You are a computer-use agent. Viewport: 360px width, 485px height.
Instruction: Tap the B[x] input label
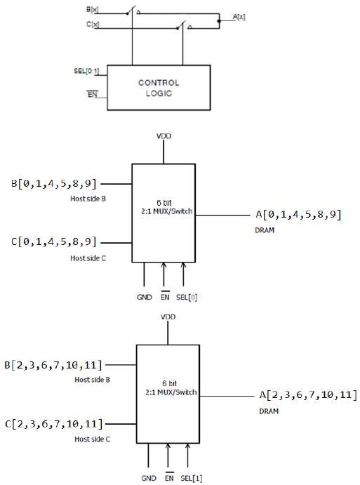tap(92, 10)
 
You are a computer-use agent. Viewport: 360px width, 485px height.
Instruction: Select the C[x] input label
tap(93, 24)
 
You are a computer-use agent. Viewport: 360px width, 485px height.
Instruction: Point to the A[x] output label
tap(239, 17)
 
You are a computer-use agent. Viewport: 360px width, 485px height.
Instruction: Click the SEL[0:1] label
tap(86, 71)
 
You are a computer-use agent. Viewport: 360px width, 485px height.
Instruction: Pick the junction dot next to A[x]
tap(219, 21)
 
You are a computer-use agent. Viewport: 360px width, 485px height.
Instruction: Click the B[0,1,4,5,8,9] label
tap(54, 184)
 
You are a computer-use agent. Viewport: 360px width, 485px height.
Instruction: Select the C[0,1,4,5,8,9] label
tap(54, 241)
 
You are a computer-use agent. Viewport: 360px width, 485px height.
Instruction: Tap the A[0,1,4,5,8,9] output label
tap(298, 214)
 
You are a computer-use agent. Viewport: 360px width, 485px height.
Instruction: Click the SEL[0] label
tap(187, 298)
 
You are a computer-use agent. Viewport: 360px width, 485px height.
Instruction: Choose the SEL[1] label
tap(191, 478)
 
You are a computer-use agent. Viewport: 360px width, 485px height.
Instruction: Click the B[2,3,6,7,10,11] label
tap(53, 365)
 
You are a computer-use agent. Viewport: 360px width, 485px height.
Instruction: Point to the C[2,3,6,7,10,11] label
tap(53, 424)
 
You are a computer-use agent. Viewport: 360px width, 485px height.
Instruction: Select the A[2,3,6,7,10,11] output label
tap(308, 395)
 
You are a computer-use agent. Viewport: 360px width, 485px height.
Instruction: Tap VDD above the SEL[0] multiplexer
tap(164, 136)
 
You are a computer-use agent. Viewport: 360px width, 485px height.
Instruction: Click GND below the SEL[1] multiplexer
tap(149, 478)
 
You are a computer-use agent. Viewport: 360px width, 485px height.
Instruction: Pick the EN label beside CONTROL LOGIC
tap(93, 94)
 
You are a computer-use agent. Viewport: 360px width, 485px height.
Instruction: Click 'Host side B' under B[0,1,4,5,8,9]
tap(88, 199)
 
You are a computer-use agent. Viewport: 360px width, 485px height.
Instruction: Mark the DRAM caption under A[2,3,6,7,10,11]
tap(269, 411)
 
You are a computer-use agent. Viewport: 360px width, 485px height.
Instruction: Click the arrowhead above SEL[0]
tap(183, 265)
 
